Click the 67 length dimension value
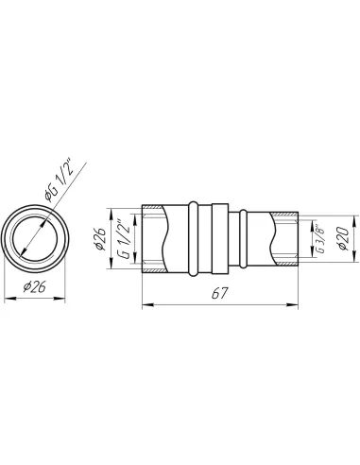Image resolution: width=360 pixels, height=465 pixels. [219, 294]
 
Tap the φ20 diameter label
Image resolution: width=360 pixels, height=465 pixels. [344, 238]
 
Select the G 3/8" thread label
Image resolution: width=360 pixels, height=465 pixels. [320, 241]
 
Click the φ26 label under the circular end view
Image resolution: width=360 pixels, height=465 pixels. [35, 287]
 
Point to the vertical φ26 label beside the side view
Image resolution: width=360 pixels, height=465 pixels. [100, 238]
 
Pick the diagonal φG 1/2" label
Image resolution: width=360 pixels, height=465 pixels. [60, 182]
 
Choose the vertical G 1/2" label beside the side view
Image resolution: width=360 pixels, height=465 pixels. [125, 239]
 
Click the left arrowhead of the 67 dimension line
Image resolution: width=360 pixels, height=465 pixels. [147, 304]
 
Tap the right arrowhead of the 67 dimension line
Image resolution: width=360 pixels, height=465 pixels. [293, 304]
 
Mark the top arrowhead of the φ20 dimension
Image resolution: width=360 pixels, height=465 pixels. [356, 220]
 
